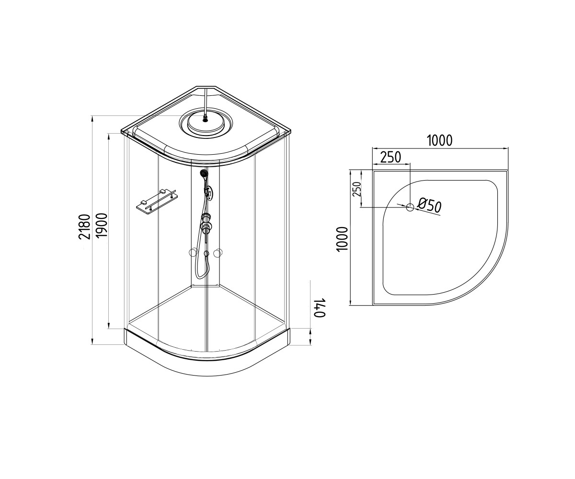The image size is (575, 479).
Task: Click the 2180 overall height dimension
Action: [84, 227]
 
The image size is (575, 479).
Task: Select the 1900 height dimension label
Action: [101, 225]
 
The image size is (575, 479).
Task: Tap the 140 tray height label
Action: [320, 307]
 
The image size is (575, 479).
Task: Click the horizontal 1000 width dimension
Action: [440, 140]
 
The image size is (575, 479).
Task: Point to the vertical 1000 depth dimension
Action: [342, 239]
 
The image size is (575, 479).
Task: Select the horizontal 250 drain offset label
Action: [391, 157]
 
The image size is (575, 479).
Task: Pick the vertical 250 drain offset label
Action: [357, 189]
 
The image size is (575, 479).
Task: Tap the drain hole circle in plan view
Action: [410, 207]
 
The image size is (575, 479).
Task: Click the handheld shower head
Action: [204, 174]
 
